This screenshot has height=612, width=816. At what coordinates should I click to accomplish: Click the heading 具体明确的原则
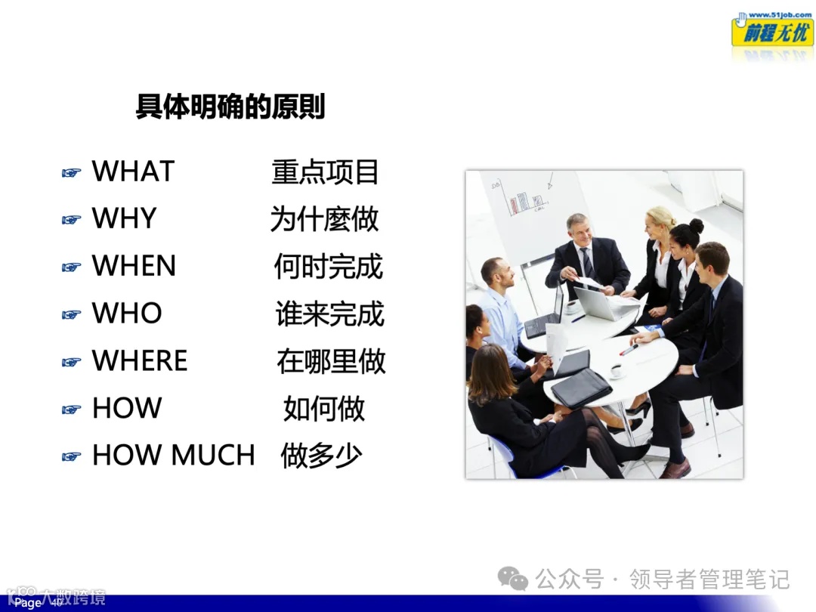[230, 107]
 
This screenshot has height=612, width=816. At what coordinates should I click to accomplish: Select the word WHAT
[133, 172]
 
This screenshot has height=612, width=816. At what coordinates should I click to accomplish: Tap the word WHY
[124, 219]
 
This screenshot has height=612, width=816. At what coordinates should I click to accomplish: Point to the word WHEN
[134, 266]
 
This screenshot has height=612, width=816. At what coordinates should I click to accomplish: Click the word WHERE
[140, 361]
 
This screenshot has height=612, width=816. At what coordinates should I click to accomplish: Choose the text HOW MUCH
[173, 456]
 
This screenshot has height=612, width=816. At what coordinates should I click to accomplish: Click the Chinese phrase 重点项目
[325, 172]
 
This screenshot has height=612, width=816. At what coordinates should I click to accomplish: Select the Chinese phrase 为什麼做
[324, 219]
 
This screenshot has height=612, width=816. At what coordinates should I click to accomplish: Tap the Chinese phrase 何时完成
[328, 267]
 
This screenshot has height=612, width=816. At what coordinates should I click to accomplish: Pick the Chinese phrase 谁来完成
[329, 314]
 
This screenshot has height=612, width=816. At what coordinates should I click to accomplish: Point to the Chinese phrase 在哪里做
[331, 361]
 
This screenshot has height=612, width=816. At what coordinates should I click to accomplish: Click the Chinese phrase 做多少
[321, 456]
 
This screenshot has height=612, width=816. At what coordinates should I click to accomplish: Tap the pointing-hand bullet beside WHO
[71, 315]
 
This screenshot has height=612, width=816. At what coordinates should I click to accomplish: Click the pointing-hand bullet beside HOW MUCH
[71, 456]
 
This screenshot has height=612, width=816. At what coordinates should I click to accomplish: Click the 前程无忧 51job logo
[771, 30]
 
